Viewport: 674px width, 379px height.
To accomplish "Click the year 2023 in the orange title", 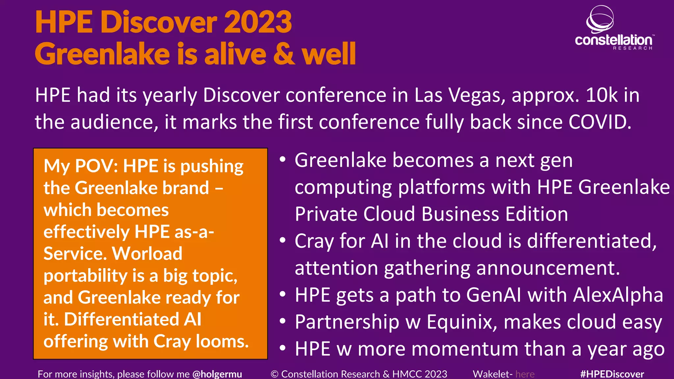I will (258, 22).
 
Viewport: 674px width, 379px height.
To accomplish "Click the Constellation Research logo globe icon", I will (600, 19).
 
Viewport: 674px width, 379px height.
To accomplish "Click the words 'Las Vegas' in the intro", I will (460, 95).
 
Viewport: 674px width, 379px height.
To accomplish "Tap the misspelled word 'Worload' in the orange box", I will (147, 254).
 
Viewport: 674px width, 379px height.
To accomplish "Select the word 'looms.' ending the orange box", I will (222, 341).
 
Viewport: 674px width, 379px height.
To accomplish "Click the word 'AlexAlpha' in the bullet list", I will (618, 295).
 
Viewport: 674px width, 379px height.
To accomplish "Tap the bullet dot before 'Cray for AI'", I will (282, 240).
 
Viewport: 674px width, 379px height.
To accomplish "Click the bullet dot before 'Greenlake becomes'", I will (282, 160).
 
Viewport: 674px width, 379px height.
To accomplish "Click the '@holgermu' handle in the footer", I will (217, 374).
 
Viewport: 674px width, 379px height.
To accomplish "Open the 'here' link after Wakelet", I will (525, 374).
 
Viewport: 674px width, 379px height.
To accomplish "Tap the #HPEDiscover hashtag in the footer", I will (612, 374).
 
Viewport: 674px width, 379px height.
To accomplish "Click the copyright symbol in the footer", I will (274, 374).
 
